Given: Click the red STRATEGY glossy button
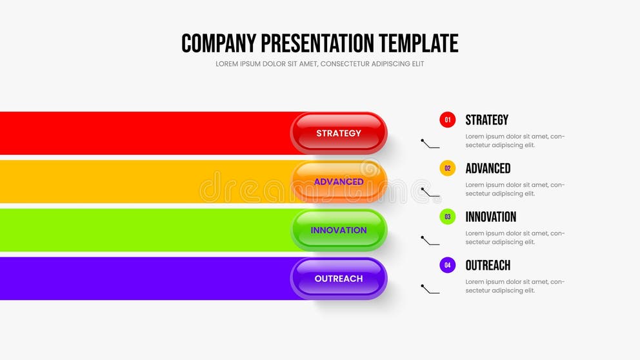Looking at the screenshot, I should (x=339, y=133).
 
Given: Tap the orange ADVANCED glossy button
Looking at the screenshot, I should (x=339, y=181).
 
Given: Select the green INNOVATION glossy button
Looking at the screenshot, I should (x=339, y=230).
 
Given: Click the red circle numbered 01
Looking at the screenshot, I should (x=447, y=120).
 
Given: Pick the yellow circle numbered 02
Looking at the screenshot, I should (x=447, y=168).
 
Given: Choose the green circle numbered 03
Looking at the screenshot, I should (x=447, y=217).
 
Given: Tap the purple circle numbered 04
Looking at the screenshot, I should (x=447, y=265).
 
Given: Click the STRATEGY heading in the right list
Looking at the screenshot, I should (x=486, y=120).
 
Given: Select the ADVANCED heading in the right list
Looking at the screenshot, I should (x=488, y=168).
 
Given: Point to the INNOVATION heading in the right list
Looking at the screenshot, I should (x=490, y=217).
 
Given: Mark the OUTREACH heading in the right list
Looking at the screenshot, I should (x=488, y=265).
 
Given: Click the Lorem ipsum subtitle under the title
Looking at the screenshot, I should (x=319, y=64).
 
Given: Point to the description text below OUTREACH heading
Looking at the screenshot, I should (x=514, y=286).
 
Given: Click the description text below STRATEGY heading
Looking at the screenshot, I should (x=514, y=141).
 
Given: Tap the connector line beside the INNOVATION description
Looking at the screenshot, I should (x=430, y=241).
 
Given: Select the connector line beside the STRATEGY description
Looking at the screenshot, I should (x=430, y=144).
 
